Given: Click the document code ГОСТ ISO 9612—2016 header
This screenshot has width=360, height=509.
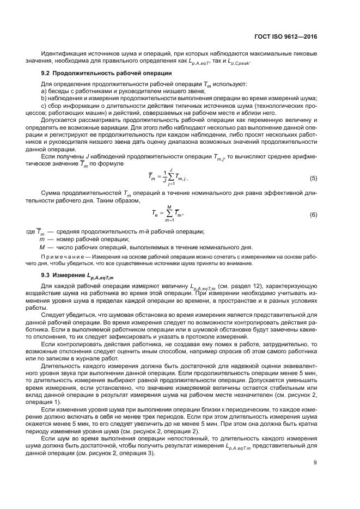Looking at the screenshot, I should click(285, 38).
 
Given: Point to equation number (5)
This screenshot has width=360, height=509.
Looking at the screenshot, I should click(314, 178).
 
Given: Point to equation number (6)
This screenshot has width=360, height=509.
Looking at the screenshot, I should click(314, 214).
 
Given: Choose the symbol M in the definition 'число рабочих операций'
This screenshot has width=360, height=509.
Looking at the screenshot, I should click(42, 246).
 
